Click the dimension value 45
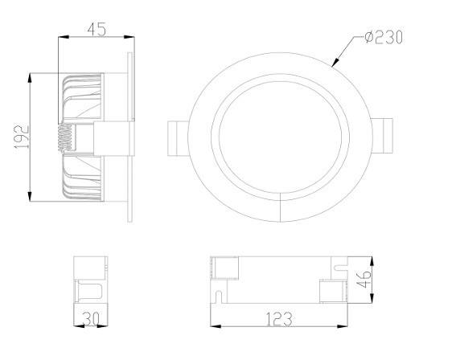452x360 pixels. pos(97,30)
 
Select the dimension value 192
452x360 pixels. pos(22,137)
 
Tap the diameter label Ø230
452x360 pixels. pos(384,38)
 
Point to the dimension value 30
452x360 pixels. pos(91,319)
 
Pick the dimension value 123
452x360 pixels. pos(278,319)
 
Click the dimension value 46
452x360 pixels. pos(364,279)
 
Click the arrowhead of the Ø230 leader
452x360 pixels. pos(335,62)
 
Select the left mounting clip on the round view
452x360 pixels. pos(179,138)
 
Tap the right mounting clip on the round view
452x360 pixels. pos(382,136)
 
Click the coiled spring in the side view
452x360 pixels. pos(65,138)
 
